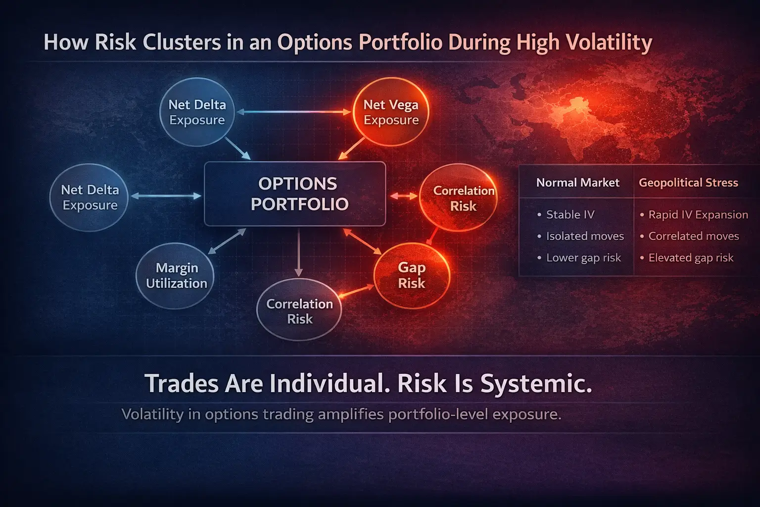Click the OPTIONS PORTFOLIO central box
click(295, 194)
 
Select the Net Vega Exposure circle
click(391, 112)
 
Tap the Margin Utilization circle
click(176, 276)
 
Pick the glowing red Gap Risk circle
click(412, 275)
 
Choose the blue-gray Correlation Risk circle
click(299, 310)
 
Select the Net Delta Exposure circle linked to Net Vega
click(197, 112)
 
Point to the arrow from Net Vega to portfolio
click(352, 149)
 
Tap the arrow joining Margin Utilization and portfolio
click(227, 241)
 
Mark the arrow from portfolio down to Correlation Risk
click(298, 253)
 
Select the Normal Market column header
click(577, 183)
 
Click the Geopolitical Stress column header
click(688, 183)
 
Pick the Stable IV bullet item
click(570, 214)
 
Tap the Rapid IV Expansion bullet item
click(698, 214)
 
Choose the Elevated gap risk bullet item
click(691, 257)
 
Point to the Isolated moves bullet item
click(584, 236)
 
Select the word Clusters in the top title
click(182, 42)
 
